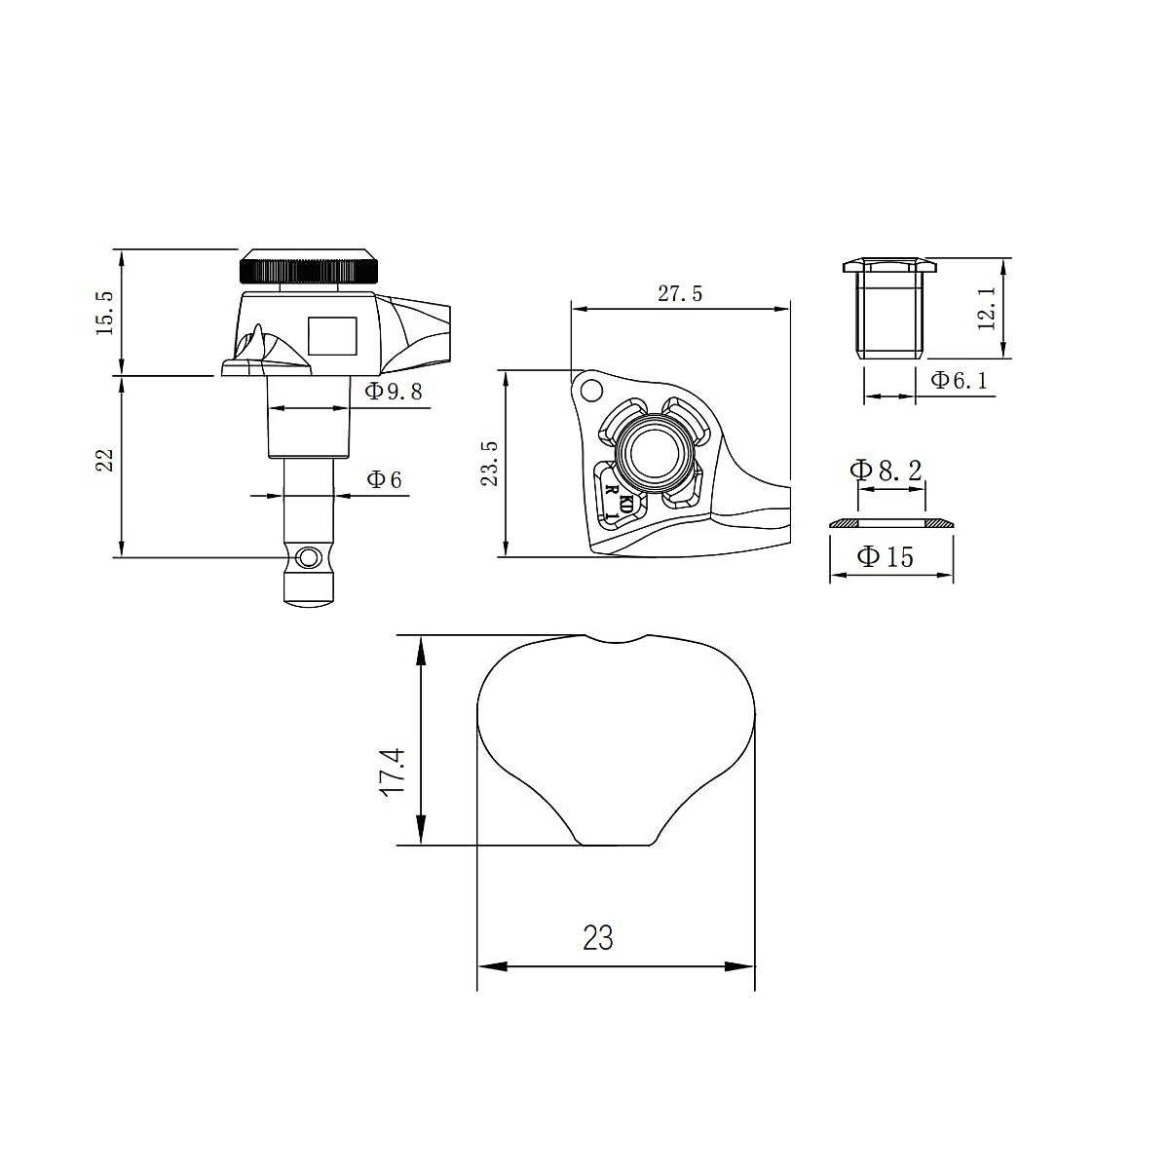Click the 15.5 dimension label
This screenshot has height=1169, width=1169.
click(104, 313)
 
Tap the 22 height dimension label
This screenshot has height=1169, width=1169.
click(104, 460)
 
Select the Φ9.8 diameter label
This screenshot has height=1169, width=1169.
click(394, 392)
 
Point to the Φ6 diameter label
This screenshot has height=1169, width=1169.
click(385, 480)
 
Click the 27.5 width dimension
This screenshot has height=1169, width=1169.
click(680, 293)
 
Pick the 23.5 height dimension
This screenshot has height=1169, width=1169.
click(489, 464)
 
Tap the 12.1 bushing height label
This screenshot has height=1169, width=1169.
click(987, 309)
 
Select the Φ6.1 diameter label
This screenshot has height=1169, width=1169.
click(960, 380)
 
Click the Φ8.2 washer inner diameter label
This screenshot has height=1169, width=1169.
click(886, 470)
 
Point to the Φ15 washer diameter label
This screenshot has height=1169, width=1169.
click(886, 556)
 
